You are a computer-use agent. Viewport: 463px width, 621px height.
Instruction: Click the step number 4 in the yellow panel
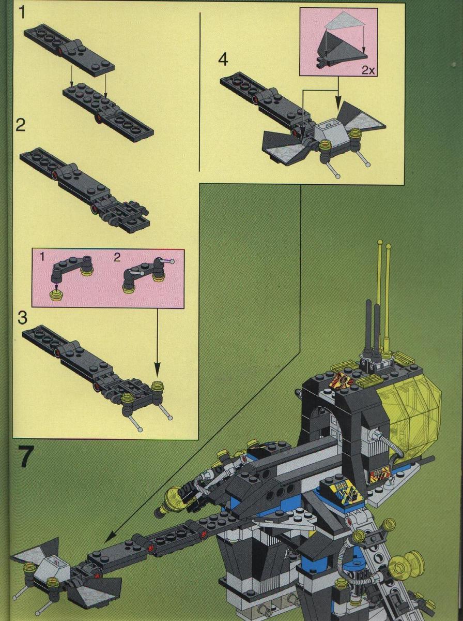(x=223, y=60)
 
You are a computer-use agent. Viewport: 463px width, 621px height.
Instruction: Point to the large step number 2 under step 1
(x=20, y=125)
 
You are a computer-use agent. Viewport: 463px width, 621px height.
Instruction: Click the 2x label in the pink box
(x=368, y=71)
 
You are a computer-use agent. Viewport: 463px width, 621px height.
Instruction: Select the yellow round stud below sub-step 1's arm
(x=55, y=295)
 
